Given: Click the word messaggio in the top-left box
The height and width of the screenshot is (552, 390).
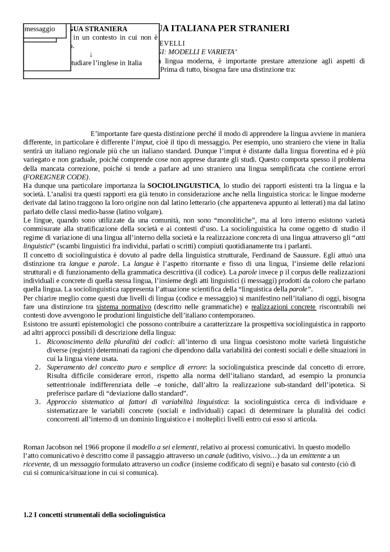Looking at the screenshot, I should (x=40, y=29).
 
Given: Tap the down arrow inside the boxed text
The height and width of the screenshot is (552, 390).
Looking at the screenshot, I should (x=91, y=55).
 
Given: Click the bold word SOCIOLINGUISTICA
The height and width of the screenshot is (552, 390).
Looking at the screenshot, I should (x=183, y=186).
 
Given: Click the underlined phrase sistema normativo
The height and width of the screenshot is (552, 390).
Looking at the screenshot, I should (x=124, y=307).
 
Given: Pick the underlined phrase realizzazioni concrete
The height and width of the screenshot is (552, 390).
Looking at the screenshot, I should (x=284, y=307).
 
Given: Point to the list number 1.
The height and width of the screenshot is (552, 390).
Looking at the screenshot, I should (x=37, y=342).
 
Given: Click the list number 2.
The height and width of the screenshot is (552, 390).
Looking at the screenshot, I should (x=37, y=367).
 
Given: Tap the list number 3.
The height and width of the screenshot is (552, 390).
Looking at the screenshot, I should (x=37, y=402).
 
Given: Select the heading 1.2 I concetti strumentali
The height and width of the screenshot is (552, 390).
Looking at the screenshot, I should (x=94, y=515).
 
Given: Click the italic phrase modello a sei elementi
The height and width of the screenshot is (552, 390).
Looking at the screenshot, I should (x=165, y=447).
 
